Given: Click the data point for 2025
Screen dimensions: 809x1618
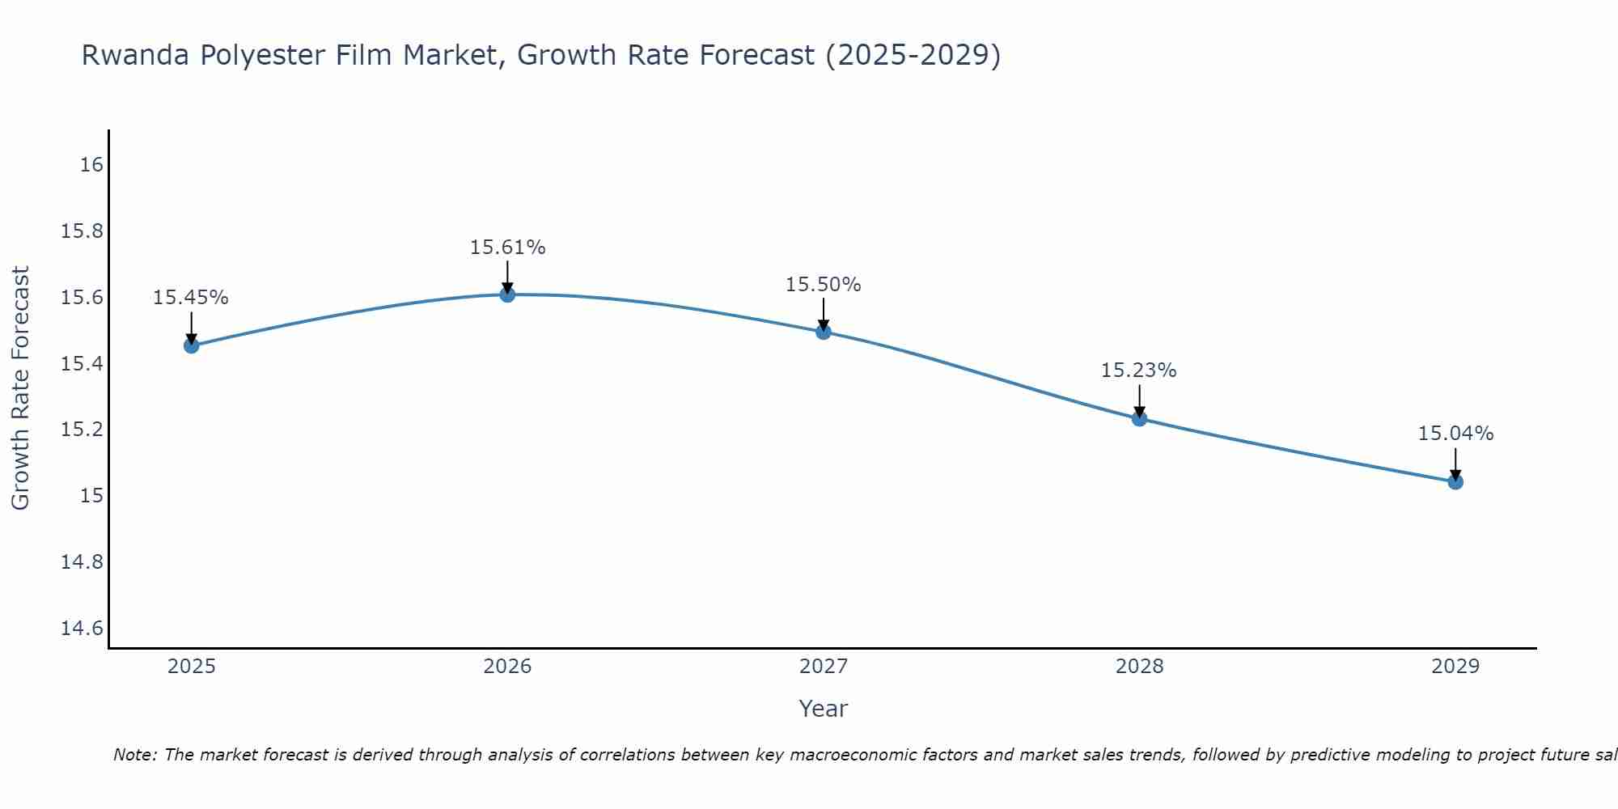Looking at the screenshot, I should tap(191, 345).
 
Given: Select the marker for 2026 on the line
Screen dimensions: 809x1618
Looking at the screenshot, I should tap(507, 294).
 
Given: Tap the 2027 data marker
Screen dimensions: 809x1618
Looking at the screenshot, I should tap(824, 331).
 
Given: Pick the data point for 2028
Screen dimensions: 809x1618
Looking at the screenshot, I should tap(1139, 418).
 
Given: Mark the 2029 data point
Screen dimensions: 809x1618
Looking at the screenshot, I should tap(1455, 482).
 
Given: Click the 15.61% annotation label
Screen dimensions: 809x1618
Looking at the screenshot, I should tap(507, 248).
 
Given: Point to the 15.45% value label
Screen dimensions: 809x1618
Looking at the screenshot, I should tap(191, 298).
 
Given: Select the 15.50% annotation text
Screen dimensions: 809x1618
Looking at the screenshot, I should tap(824, 285).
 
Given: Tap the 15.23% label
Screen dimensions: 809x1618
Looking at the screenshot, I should tap(1138, 371).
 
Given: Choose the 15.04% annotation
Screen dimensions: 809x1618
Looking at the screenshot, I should tap(1455, 434).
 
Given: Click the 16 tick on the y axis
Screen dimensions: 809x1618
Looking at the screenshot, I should tap(92, 165).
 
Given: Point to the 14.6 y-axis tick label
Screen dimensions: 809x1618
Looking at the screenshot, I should tap(83, 629).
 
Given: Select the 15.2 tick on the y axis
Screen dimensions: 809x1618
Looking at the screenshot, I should tap(83, 430).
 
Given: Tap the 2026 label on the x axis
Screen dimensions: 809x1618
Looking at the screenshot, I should tap(507, 667).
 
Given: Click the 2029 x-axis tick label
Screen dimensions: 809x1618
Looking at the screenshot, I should tap(1455, 667).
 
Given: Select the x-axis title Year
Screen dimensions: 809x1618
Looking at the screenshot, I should tap(823, 709).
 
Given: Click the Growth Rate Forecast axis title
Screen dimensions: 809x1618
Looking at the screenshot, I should tap(20, 388).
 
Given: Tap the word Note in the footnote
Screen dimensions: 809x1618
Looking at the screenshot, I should tap(134, 755).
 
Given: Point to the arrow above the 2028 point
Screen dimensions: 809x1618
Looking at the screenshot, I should tap(1139, 400).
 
